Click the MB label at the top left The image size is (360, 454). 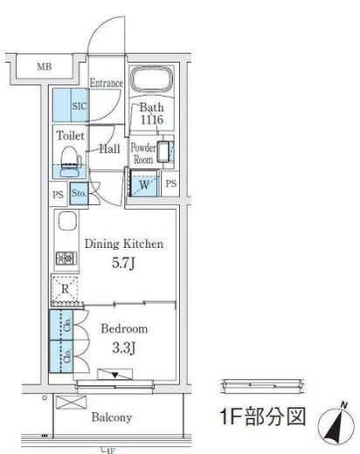[x=43, y=66]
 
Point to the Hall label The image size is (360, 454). [x=109, y=149]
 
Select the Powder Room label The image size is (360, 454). [x=142, y=154]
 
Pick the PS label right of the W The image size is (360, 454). [x=171, y=184]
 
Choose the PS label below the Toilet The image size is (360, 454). [x=58, y=195]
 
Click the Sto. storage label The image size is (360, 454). [x=79, y=194]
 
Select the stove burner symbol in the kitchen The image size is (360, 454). [x=65, y=258]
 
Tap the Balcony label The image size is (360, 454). [x=112, y=417]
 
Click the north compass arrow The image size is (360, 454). [x=338, y=426]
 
